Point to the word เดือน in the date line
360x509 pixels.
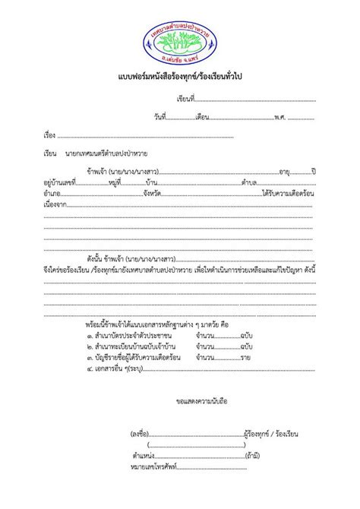coord(202,118)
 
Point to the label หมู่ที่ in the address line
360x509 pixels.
coord(115,183)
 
